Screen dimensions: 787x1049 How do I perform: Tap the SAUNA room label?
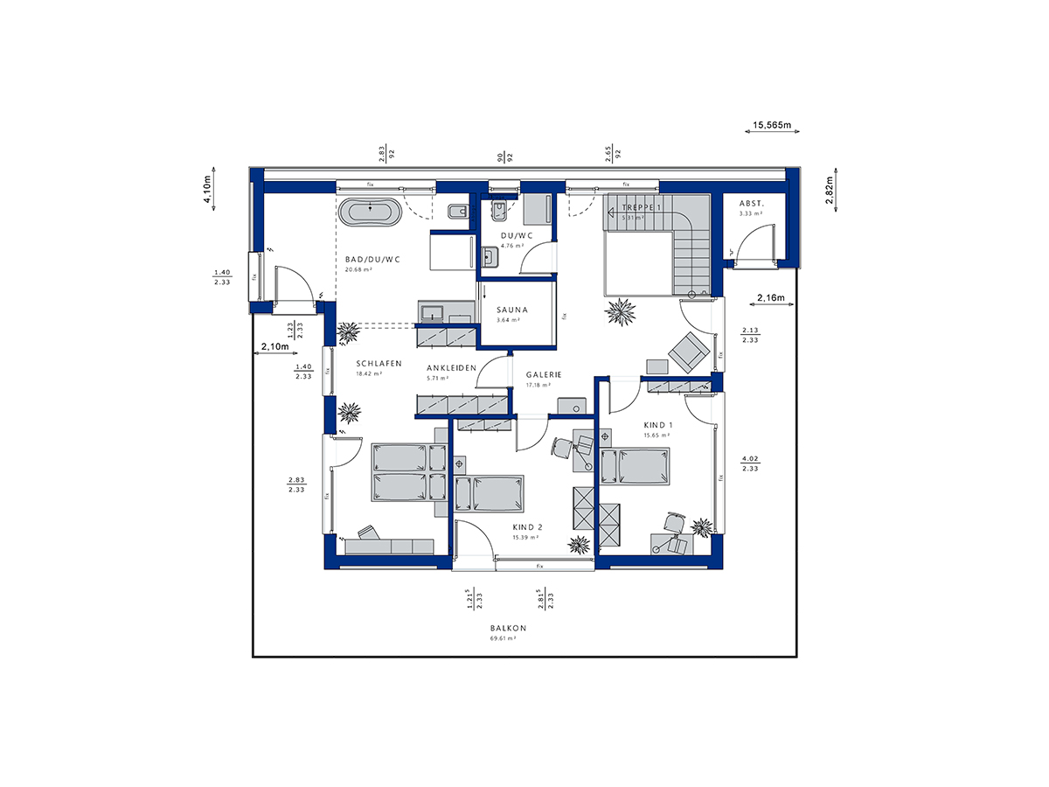point(511,310)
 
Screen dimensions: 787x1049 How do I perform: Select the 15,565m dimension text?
point(772,126)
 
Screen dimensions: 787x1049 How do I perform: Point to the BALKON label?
point(508,629)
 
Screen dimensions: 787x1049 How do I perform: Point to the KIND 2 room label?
point(528,527)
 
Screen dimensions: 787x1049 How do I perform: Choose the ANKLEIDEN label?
point(451,368)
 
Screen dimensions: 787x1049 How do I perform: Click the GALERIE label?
point(544,374)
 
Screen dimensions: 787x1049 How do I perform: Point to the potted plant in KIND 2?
point(579,545)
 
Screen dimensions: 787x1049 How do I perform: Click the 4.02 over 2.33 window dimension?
point(749,463)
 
